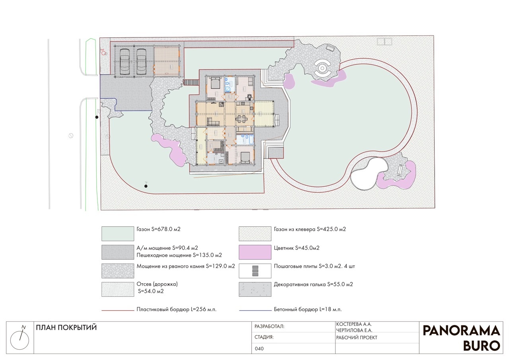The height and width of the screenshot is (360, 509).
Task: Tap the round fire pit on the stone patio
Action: tap(322, 68)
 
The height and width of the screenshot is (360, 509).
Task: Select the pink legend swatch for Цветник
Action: tap(255, 252)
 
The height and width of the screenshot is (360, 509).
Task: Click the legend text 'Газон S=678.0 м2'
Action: tap(158, 229)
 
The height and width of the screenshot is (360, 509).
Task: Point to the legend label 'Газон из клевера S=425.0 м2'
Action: tap(310, 229)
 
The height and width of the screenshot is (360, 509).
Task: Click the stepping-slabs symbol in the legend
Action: tap(255, 271)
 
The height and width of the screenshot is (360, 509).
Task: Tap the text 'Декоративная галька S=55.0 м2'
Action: tap(313, 284)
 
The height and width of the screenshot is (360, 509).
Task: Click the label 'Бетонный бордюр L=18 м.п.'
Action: tap(308, 309)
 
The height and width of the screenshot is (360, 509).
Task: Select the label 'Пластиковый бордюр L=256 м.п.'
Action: tap(176, 309)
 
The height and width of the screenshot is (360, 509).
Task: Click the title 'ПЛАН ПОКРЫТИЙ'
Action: tap(66, 327)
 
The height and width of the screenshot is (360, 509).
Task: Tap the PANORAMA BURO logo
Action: tap(462, 338)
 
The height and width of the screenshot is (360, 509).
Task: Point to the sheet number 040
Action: tap(259, 348)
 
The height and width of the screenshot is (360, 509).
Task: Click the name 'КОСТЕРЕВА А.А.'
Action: tap(354, 324)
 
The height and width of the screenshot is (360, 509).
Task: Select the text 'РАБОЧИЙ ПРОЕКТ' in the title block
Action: tap(357, 337)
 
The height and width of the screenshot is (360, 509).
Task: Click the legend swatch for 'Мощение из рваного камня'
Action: tap(118, 270)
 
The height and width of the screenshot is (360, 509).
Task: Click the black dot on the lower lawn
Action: tap(146, 186)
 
